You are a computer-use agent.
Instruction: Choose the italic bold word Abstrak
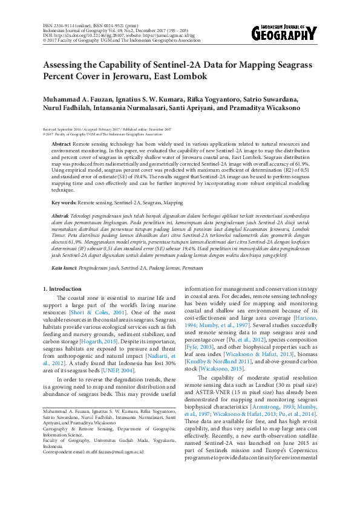pos(61,216)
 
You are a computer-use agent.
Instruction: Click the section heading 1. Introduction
pos(64,290)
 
